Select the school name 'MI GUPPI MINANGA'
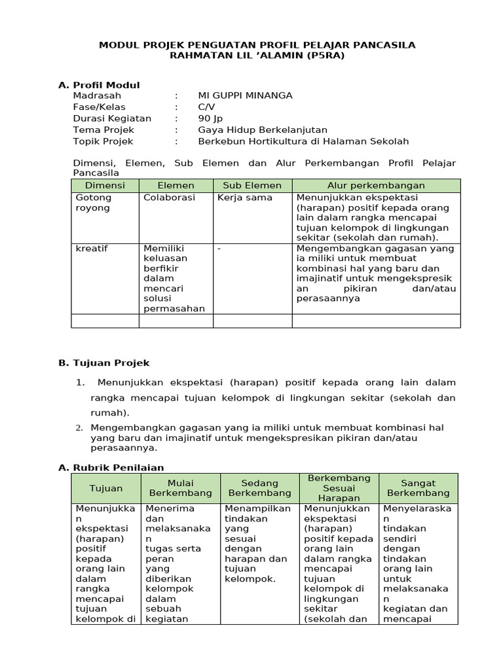pos(245,96)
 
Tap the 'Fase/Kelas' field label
pos(99,107)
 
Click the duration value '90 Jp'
pos(210,118)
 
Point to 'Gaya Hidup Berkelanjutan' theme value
pos(262,130)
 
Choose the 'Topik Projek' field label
pos(103,141)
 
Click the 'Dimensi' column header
pos(104,186)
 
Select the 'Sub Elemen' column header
pos(252,186)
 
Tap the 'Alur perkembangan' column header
pos(376,186)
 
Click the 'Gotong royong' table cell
pos(94,203)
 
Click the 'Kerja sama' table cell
pos(244,198)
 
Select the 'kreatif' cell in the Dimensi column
pos(92,249)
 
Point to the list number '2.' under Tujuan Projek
pos(79,428)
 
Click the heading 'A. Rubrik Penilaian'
pos(111,467)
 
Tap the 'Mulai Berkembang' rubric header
pos(180,488)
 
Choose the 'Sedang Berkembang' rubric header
pos(259,488)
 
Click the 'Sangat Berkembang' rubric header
pos(418,488)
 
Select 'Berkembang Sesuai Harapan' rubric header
pos(339,488)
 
